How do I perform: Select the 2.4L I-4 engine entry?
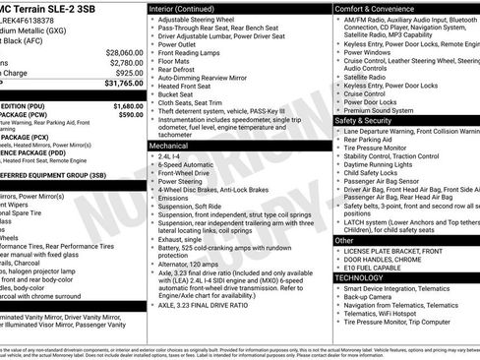(170, 155)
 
